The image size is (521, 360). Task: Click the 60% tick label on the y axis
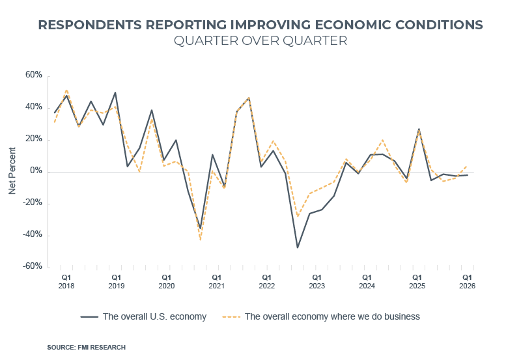33,76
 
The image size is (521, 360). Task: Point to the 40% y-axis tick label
33,107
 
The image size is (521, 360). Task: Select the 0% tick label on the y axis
36,171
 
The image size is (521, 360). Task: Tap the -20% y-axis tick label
32,203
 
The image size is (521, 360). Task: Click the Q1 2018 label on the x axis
66,281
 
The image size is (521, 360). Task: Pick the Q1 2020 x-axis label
166,281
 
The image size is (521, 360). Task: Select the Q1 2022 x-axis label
266,281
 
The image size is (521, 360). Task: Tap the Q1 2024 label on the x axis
367,281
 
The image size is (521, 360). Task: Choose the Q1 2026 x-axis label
466,281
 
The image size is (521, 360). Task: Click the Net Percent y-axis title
12,171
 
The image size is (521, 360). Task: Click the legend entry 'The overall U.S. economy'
154,317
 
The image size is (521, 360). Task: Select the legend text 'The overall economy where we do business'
332,317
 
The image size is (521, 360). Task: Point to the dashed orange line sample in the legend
231,317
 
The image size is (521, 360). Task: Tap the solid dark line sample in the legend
89,317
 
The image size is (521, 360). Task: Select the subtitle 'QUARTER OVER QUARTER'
260,41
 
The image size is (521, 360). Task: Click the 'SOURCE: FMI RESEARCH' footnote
86,348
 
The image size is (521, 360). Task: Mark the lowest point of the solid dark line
298,247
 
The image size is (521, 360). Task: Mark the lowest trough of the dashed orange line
201,240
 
